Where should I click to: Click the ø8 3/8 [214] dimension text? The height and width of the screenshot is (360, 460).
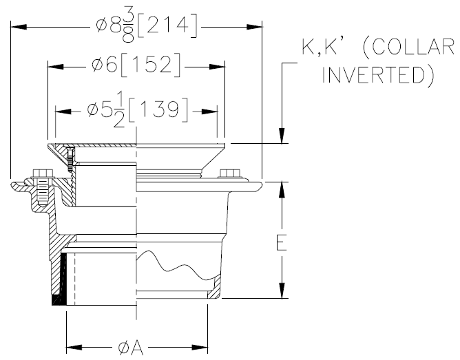pos(148,26)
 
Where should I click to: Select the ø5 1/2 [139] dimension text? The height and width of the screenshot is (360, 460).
pos(138,110)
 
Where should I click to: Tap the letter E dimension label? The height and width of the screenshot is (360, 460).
pos(282,242)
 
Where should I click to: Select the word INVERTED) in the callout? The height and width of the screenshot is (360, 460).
pos(378,74)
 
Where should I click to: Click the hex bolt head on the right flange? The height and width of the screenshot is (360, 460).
pos(228,173)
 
